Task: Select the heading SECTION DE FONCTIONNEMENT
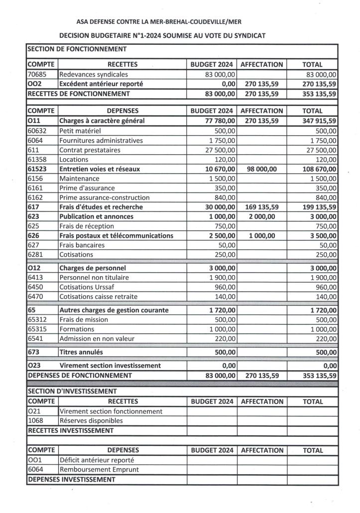tap(77, 49)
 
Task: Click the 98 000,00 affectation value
tap(262, 169)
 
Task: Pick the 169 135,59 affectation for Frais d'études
tap(262, 207)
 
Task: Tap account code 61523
tap(38, 169)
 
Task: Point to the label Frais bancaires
tap(82, 245)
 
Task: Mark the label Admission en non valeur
tap(97, 338)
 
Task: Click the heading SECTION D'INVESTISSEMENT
tap(72, 392)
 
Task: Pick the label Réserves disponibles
tap(91, 420)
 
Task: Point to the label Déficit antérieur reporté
tap(97, 460)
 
